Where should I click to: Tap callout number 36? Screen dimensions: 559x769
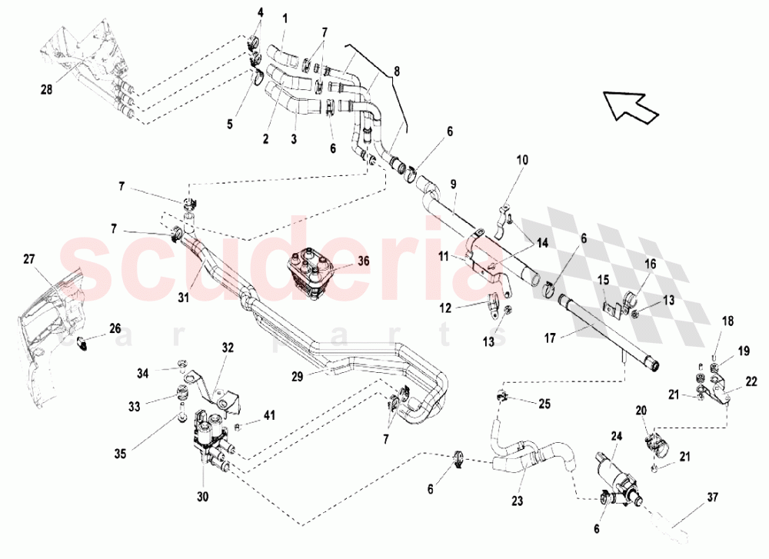point(363,261)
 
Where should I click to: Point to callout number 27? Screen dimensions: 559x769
point(28,261)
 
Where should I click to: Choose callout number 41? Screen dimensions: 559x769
point(268,416)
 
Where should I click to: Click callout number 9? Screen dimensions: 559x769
point(454,184)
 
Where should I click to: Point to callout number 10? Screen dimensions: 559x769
point(522,160)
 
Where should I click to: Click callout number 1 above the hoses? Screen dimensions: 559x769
point(285,17)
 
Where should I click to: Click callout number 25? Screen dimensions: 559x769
point(544,403)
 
